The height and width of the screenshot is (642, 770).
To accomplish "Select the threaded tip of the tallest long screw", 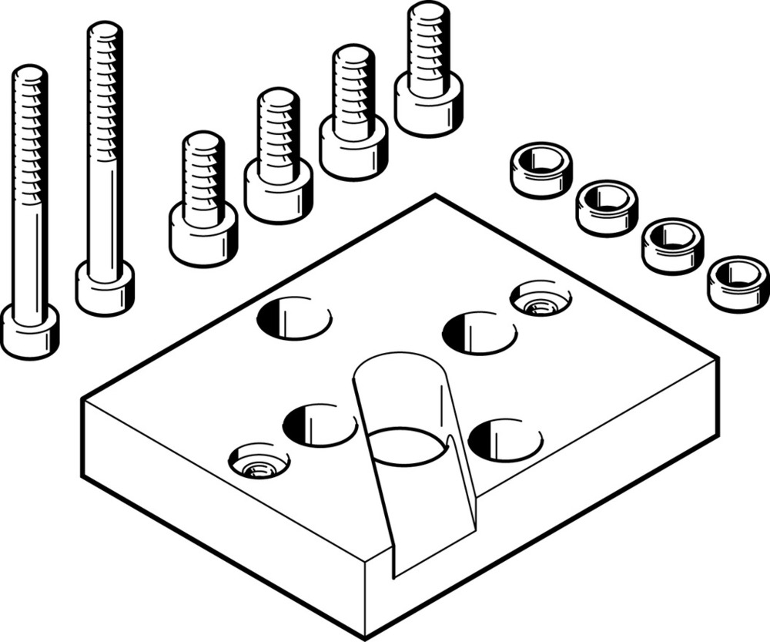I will click(x=105, y=46).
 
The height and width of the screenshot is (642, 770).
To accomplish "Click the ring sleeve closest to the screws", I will click(x=540, y=169).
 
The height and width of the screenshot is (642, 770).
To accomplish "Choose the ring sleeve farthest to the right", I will click(x=738, y=283).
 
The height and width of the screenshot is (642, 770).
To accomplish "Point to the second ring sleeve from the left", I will click(x=606, y=207).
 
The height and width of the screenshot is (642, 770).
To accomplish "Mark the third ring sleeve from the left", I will click(x=672, y=245).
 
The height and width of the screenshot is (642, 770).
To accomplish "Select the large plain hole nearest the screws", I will click(x=294, y=317).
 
